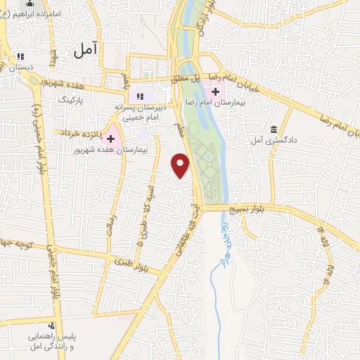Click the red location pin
[x=181, y=165]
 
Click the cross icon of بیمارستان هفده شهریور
[x=110, y=138]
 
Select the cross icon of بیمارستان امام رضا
[x=214, y=91]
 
